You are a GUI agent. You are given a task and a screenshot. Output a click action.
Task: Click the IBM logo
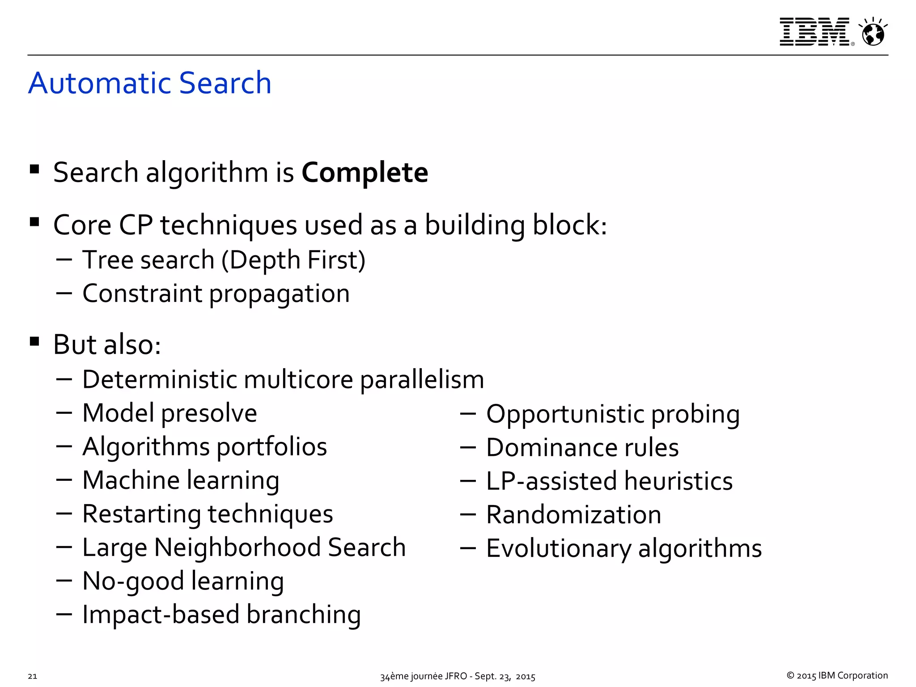point(814,32)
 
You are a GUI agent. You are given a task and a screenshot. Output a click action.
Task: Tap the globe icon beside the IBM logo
point(873,33)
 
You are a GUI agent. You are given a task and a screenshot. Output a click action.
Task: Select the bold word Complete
point(365,173)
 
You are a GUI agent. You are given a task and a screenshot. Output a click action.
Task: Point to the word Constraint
point(142,294)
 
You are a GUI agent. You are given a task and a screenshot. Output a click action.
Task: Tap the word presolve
point(209,413)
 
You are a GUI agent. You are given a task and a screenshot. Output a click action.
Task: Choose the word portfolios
point(271,447)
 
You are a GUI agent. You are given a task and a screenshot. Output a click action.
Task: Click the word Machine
point(131,480)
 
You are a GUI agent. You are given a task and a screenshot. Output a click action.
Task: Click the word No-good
point(133,581)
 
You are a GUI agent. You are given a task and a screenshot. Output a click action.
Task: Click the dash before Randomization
point(467,514)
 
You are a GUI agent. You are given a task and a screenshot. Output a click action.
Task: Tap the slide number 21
point(32,676)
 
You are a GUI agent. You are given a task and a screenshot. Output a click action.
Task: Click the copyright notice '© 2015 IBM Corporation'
point(837,675)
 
